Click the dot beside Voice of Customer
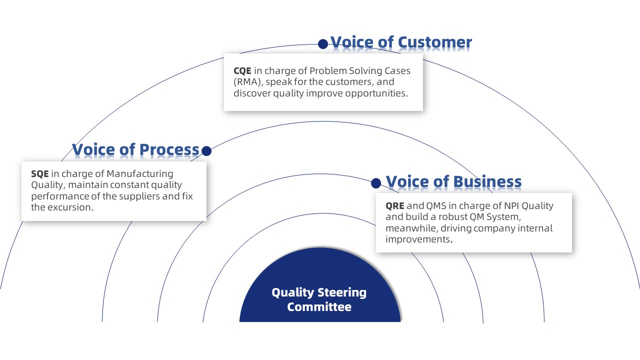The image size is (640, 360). point(323,44)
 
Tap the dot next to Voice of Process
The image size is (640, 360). point(206,150)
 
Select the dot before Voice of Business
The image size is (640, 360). point(376,183)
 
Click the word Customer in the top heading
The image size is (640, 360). point(434,42)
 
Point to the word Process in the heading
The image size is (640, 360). point(169,149)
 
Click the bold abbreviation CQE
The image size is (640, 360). point(242,71)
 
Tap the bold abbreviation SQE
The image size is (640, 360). point(40,174)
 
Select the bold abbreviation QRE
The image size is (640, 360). point(395,206)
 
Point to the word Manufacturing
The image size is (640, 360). point(140,174)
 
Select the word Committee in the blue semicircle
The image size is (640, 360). point(319,306)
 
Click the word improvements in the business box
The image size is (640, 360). point(417,239)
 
